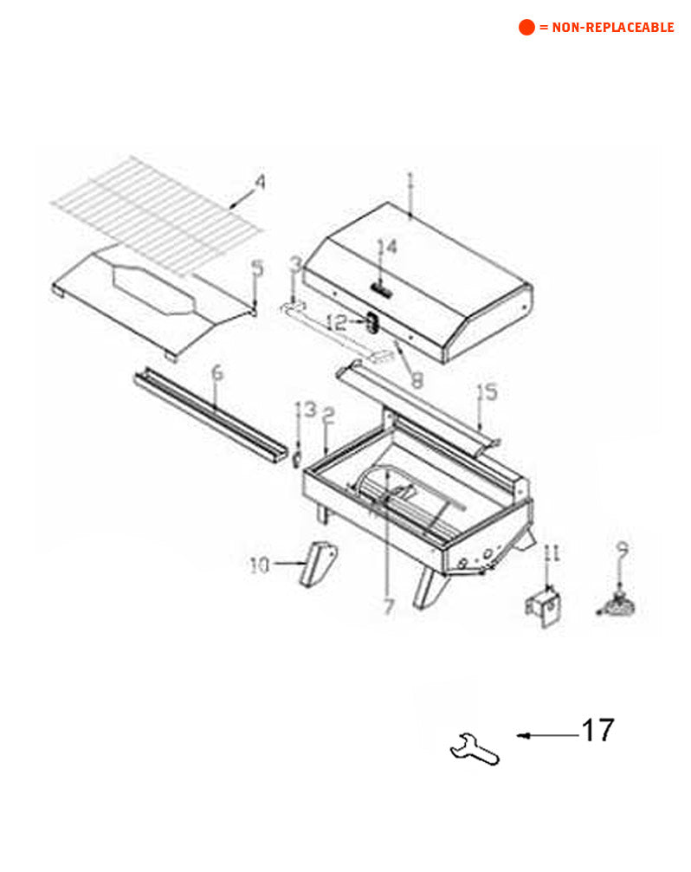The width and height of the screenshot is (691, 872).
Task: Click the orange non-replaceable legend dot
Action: point(526,27)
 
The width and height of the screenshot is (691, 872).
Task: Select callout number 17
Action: point(597,730)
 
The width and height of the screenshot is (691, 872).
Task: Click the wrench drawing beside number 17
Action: point(475,748)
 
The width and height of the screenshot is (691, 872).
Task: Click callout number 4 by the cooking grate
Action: point(259,183)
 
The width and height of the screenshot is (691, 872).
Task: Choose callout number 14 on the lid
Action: point(386,248)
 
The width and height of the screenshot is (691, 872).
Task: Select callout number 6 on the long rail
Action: point(216,374)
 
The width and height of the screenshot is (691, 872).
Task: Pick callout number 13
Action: point(306,410)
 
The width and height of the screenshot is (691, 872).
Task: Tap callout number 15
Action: point(488,392)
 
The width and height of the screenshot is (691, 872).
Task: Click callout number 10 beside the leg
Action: point(260,565)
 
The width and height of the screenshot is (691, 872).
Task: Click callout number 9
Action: point(621,548)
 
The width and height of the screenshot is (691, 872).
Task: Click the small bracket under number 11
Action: point(543,607)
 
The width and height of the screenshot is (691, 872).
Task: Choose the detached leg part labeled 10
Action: point(318,564)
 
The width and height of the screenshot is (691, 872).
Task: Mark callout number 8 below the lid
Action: point(417,378)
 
